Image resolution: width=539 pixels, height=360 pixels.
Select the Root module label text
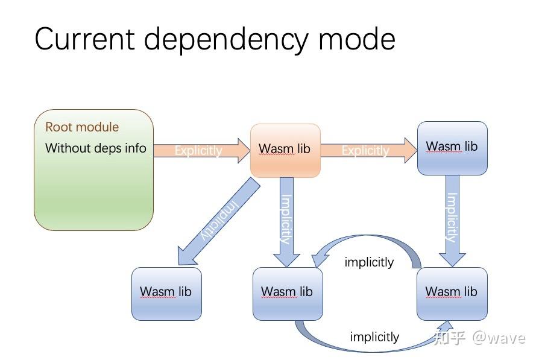(82, 127)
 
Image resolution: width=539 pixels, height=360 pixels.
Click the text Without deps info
(95, 148)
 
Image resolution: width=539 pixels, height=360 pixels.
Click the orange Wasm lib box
(285, 150)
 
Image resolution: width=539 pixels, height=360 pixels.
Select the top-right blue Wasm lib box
(452, 148)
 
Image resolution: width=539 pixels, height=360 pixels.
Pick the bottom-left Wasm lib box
(166, 293)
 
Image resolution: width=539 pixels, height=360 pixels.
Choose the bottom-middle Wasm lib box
(287, 293)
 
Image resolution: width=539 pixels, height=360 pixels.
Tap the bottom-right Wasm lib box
(452, 293)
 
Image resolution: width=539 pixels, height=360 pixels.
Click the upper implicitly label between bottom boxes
(369, 262)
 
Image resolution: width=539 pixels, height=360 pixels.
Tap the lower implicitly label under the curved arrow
(374, 337)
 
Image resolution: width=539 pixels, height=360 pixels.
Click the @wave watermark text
(499, 337)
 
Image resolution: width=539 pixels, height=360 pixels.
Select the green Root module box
(93, 187)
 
